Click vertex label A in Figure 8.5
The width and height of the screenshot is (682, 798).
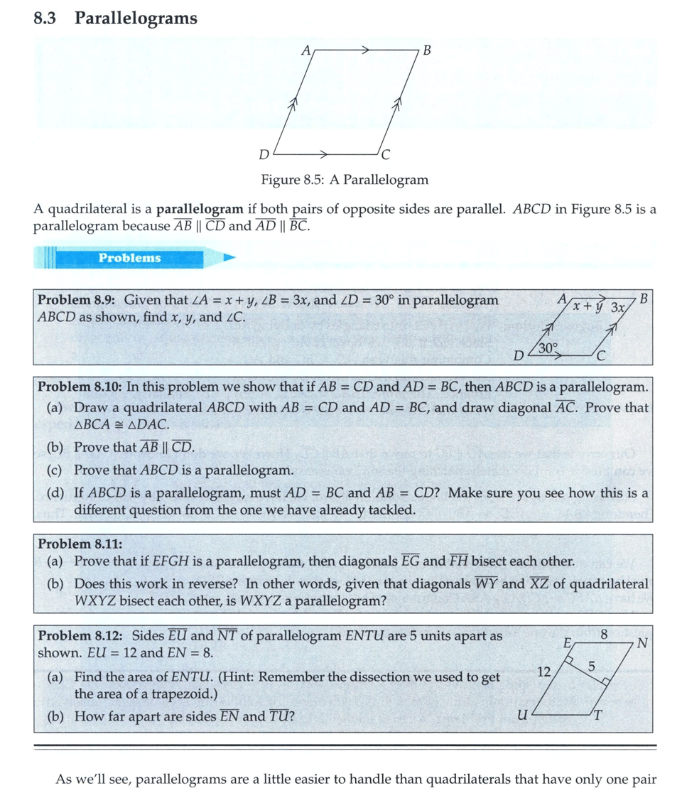click(x=305, y=50)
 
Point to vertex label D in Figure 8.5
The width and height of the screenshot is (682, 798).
click(x=264, y=154)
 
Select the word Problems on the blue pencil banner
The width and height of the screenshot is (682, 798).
click(x=129, y=258)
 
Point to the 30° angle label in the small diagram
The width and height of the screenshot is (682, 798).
click(x=548, y=347)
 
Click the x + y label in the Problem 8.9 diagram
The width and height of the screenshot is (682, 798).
click(x=589, y=307)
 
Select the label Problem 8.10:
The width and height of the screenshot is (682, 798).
click(x=81, y=387)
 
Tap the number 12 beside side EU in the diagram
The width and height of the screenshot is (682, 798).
click(x=544, y=670)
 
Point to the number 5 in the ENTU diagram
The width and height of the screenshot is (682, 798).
click(x=591, y=666)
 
